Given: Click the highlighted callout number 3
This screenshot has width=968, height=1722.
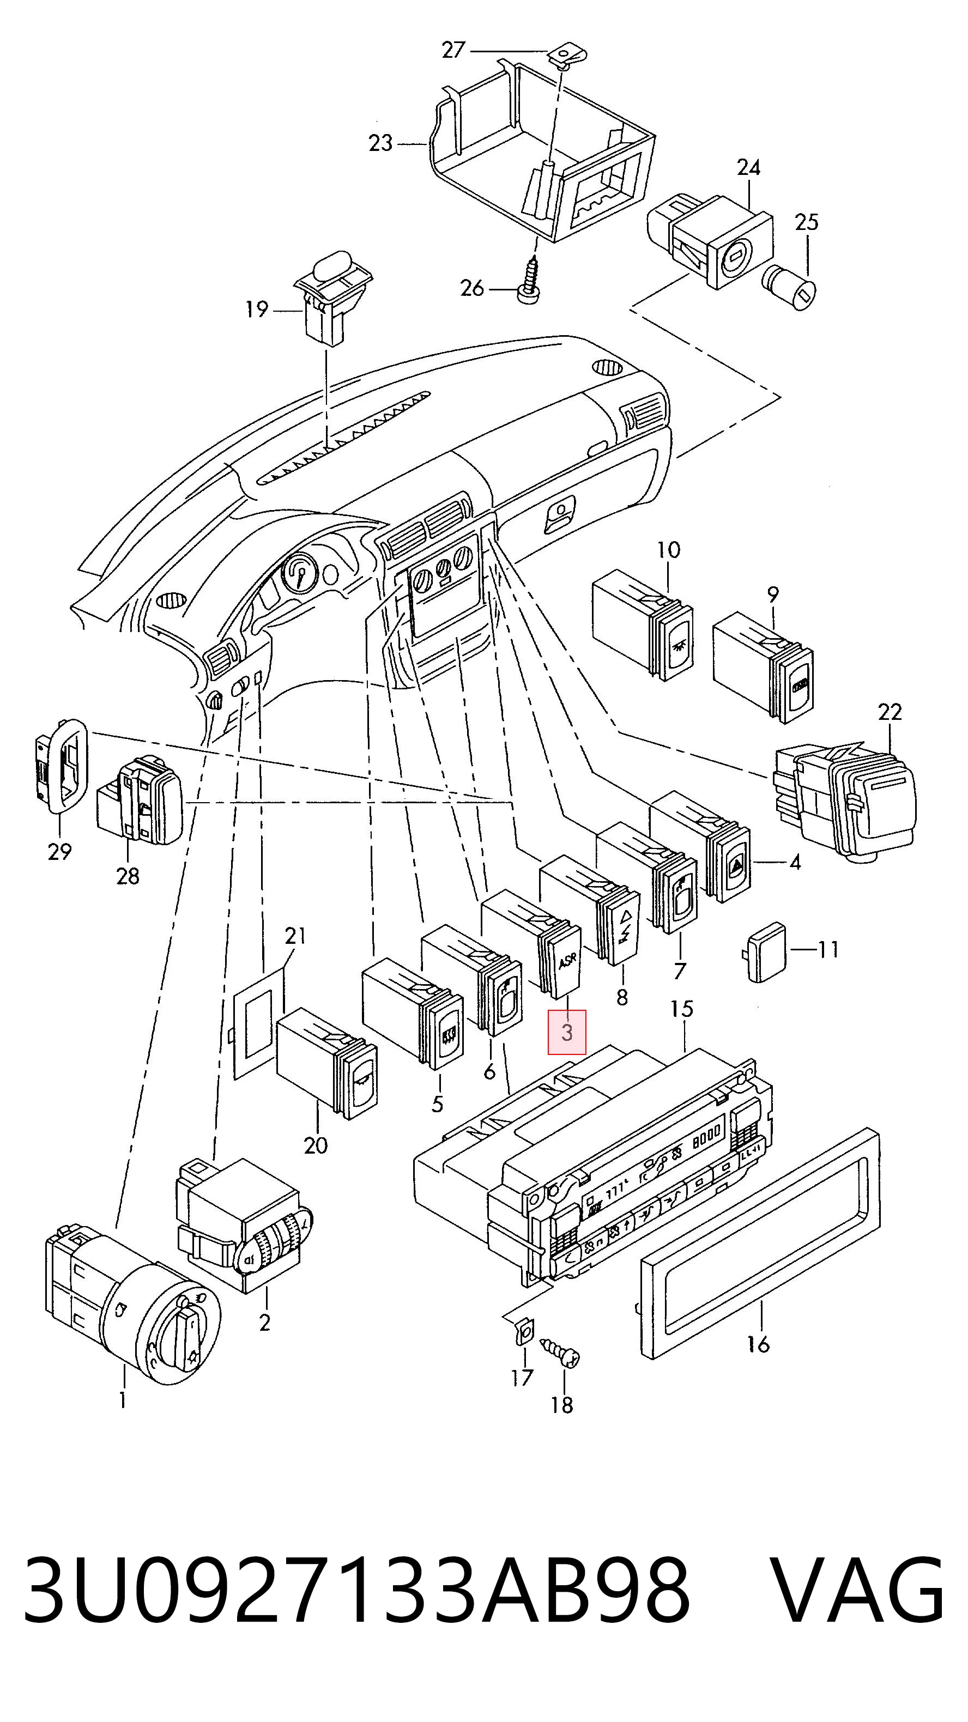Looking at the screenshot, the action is click(x=567, y=1032).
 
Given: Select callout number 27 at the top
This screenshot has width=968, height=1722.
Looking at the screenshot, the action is click(x=453, y=50).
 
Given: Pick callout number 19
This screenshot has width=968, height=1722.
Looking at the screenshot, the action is click(x=257, y=310).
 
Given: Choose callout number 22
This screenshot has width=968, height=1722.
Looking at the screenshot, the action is click(x=890, y=712).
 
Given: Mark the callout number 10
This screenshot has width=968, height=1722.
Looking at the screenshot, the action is click(x=669, y=550).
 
